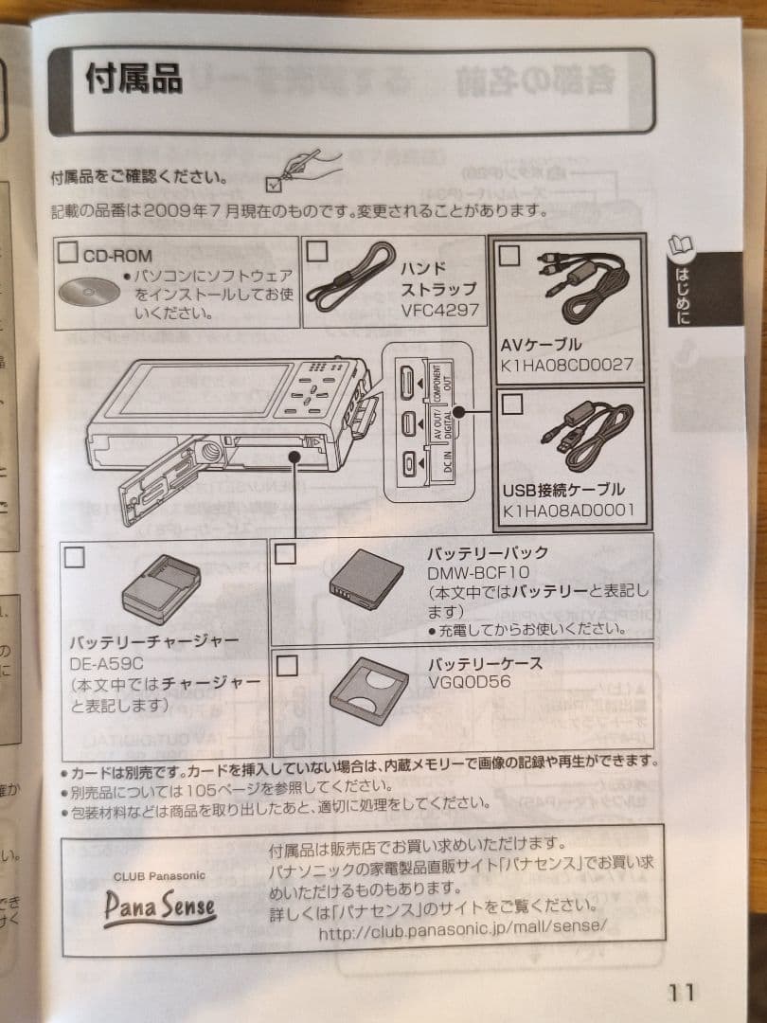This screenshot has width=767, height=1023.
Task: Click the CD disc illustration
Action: coord(89,291)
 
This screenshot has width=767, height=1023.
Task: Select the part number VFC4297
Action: coord(439,310)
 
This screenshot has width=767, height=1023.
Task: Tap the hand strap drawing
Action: coord(354,277)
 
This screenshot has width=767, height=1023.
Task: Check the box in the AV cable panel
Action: coord(509,255)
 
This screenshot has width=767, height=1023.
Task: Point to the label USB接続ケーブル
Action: coord(562,490)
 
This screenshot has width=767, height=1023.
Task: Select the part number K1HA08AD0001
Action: coord(567,510)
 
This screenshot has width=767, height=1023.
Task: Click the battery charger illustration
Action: coord(161,588)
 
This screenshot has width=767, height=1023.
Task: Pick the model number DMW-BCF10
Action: coord(477,572)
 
